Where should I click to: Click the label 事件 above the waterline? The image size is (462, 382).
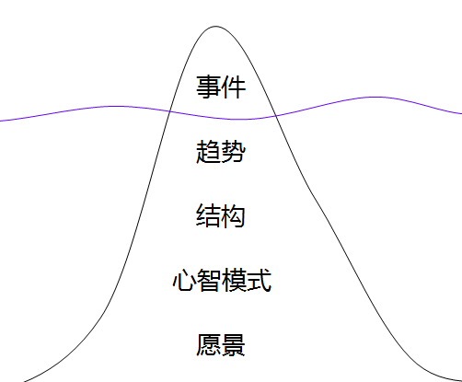tap(221, 87)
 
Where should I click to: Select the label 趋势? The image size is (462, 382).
tap(221, 152)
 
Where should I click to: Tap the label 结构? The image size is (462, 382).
tap(221, 216)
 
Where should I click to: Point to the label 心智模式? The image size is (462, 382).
tap(222, 280)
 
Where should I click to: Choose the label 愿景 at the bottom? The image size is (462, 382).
tap(221, 345)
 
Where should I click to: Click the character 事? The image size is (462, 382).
tap(208, 87)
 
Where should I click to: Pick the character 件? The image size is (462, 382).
tap(234, 87)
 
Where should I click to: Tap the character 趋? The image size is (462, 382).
tap(208, 152)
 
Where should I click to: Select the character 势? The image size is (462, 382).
tap(234, 152)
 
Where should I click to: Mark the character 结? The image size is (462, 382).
tap(208, 216)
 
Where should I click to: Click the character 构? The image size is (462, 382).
tap(234, 216)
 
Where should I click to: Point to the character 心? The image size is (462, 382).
tap(184, 280)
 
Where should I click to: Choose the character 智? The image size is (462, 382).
tap(209, 280)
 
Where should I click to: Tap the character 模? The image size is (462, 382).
tap(234, 280)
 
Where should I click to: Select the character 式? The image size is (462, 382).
tap(260, 280)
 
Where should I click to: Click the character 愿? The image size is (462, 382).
tap(208, 345)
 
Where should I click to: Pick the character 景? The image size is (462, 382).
tap(234, 345)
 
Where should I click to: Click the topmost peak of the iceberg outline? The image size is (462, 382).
tap(215, 27)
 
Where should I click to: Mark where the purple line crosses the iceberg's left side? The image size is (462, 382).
tap(169, 110)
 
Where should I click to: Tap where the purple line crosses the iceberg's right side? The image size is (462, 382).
tap(276, 116)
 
